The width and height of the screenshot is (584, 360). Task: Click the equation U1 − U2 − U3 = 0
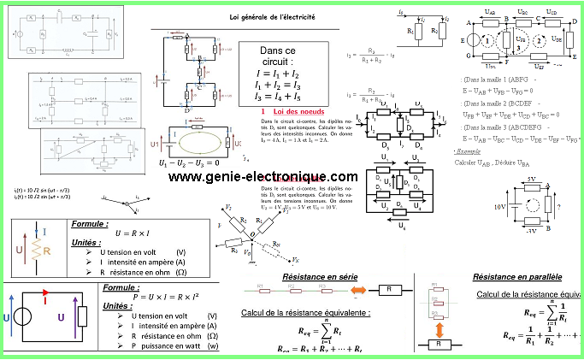189,162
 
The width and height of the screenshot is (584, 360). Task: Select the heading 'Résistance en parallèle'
517,277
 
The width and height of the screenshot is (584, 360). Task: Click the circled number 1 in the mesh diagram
485,41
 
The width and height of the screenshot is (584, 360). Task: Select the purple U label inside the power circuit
61,316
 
